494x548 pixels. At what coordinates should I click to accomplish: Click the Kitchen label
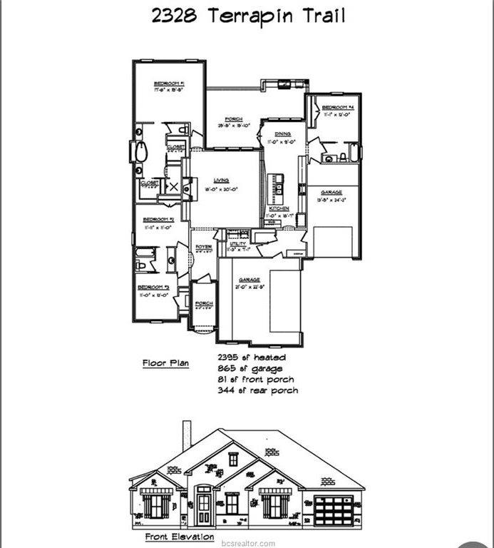coord(279,208)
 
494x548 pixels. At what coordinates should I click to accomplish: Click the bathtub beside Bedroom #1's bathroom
coord(141,152)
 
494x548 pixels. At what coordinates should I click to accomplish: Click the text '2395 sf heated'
coord(252,357)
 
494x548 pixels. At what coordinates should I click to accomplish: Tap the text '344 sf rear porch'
coord(257,390)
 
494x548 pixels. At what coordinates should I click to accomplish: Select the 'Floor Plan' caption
coord(165,363)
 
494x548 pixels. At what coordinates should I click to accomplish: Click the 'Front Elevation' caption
coord(179,536)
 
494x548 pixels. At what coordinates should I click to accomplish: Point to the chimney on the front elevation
coord(187,435)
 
